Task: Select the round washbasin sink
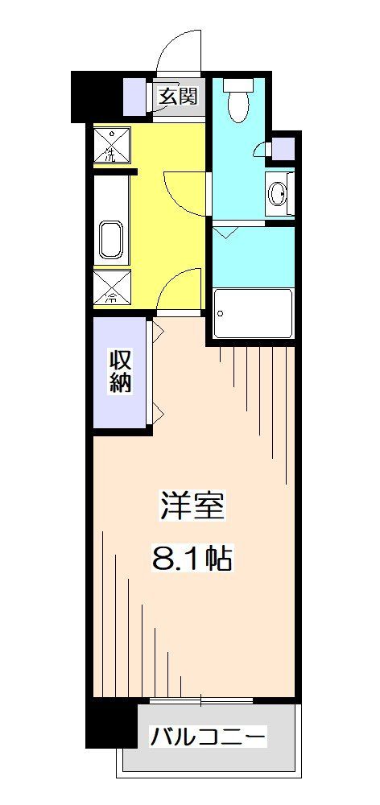[x=279, y=193]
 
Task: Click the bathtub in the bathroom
[x=253, y=312]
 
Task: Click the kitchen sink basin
[x=111, y=238]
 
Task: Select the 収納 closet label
[x=120, y=371]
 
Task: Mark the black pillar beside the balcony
[x=110, y=723]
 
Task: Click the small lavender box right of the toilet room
[x=283, y=149]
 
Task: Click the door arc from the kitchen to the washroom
[x=187, y=193]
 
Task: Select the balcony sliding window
[x=201, y=702]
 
